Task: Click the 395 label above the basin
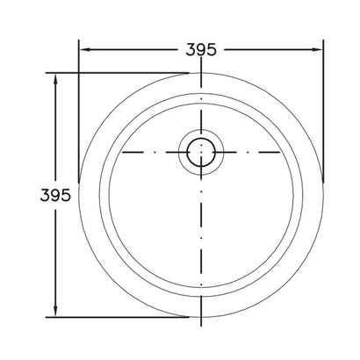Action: [201, 49]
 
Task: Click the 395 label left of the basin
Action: [55, 195]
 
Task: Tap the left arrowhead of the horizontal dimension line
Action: [85, 49]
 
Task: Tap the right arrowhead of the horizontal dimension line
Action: [317, 49]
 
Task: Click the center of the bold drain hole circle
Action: [201, 152]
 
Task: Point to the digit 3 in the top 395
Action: [191, 49]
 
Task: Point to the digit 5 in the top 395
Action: [212, 49]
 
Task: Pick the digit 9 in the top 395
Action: [201, 49]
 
